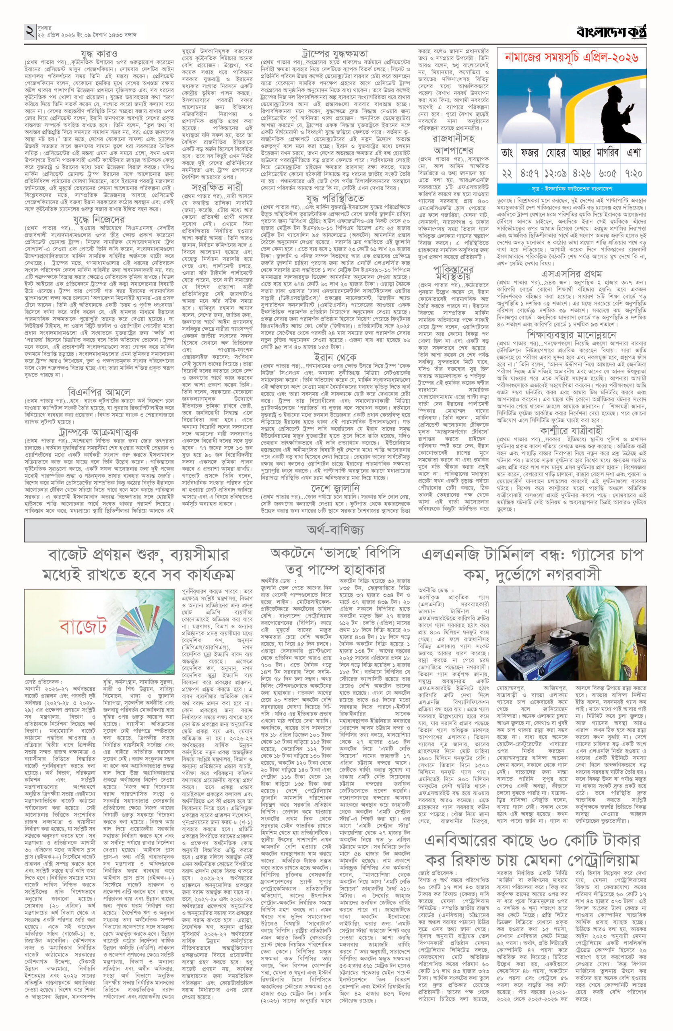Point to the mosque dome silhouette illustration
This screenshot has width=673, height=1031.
pos(537,113)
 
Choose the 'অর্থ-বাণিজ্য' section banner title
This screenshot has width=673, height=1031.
pos(335,530)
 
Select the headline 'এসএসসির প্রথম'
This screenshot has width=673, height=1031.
pos(571,274)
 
